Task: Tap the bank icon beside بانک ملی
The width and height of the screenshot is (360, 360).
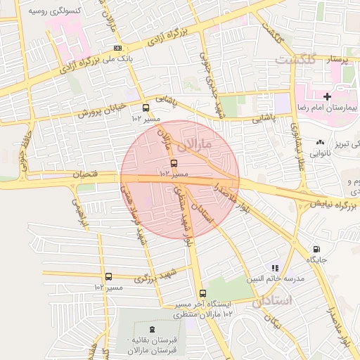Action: (x=117, y=48)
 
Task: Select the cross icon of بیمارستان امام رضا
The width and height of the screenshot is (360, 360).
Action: (x=326, y=96)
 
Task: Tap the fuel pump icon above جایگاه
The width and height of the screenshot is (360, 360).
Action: (x=316, y=249)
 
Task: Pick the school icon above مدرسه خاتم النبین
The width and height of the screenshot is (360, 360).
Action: (x=276, y=268)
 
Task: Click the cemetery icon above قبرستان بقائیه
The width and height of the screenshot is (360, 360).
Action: (x=153, y=329)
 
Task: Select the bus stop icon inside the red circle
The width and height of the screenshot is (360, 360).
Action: (x=174, y=164)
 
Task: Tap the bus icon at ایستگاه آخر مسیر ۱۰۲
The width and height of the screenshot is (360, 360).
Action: (x=202, y=293)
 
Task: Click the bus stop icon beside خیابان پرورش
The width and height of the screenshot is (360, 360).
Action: (x=146, y=108)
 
